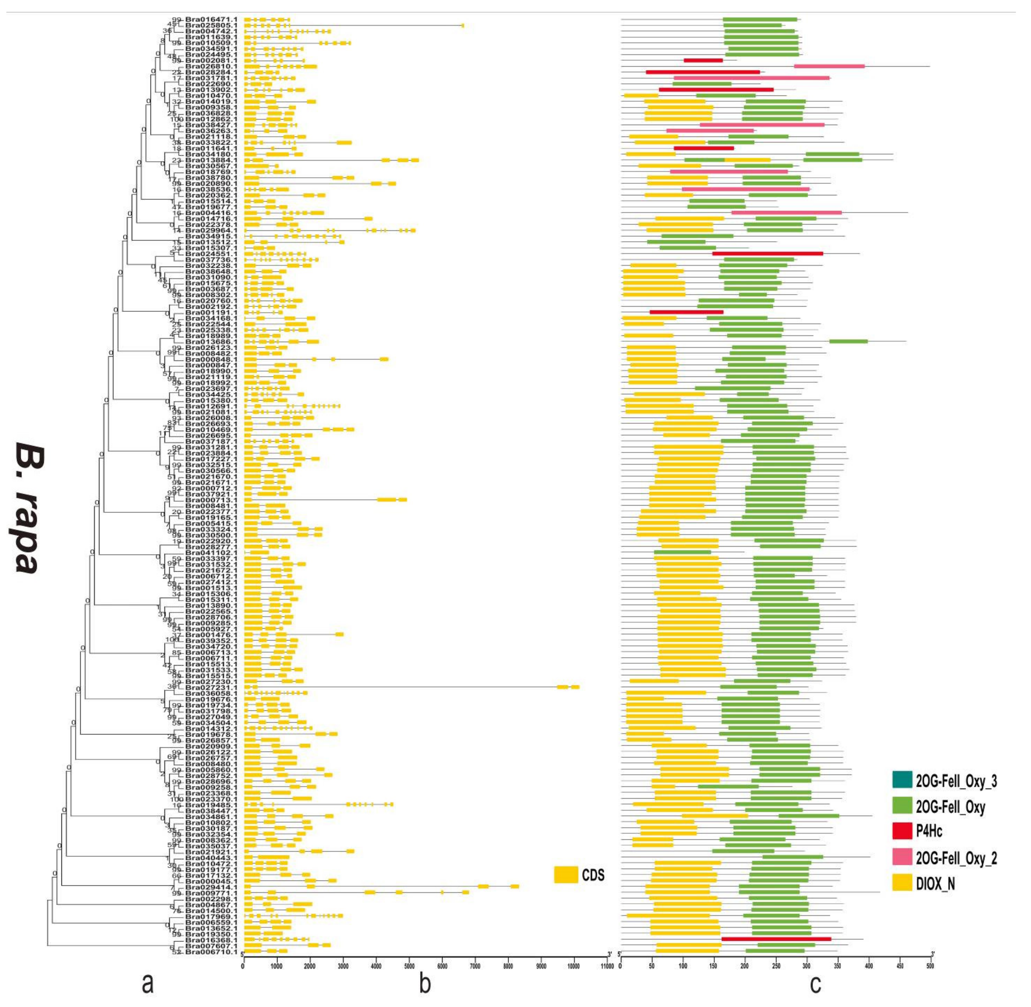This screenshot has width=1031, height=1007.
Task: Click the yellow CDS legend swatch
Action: [x=566, y=874]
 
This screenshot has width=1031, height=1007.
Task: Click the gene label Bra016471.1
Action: [x=208, y=19]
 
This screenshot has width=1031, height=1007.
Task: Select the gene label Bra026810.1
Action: [x=208, y=66]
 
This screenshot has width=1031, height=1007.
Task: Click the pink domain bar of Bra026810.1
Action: [x=829, y=66]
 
